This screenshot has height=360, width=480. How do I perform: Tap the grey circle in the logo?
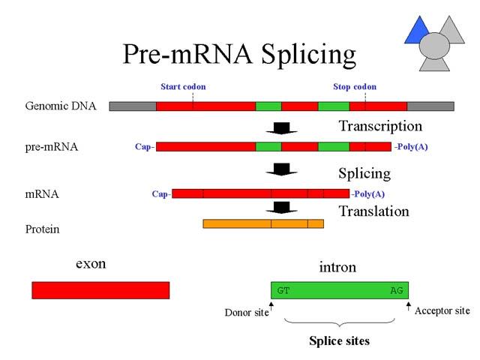tap(434, 46)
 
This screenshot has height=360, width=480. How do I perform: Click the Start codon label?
tap(183, 87)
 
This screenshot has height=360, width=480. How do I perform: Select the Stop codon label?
tap(355, 87)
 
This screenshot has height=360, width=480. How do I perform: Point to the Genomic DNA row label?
tap(61, 106)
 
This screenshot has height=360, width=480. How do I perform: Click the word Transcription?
tap(380, 126)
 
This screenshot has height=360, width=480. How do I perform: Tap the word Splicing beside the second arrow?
tap(364, 174)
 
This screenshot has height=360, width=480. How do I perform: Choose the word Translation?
tap(373, 211)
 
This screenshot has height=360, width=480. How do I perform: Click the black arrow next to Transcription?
tap(281, 128)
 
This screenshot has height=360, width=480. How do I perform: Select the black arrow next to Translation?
tap(281, 208)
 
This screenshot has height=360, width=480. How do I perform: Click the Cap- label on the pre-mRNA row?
tap(145, 147)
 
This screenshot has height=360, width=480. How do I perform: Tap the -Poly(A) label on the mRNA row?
tap(368, 194)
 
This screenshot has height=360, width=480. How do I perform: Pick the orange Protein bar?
tap(263, 223)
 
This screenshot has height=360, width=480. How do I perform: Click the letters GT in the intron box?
tap(283, 290)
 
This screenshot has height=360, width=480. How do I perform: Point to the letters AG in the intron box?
tap(397, 290)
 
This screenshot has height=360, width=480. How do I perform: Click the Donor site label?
tap(247, 313)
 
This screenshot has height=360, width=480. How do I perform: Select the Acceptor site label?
tap(442, 311)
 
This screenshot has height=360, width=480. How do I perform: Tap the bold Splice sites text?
tap(339, 341)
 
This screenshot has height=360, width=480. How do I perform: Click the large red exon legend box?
tap(100, 290)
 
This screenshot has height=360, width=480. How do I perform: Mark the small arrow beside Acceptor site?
tap(408, 307)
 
